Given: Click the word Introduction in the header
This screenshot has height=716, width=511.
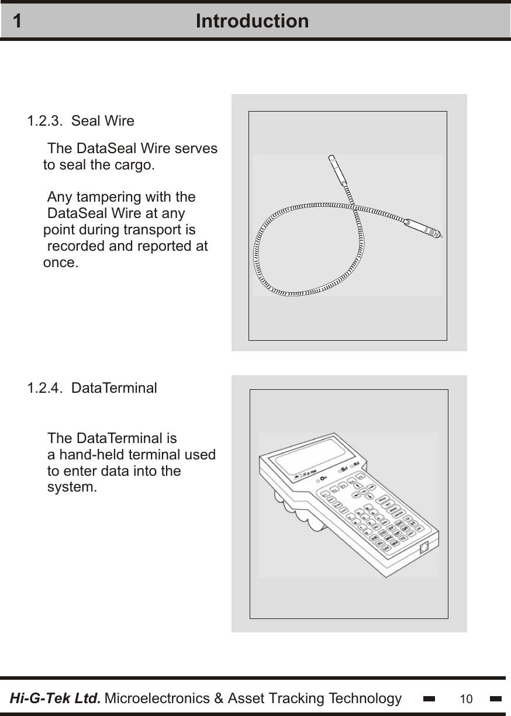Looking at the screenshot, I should (x=252, y=21).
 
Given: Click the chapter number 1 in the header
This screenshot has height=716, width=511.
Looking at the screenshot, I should (x=18, y=21).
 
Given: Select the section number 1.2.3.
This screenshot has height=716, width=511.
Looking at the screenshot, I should (x=46, y=121).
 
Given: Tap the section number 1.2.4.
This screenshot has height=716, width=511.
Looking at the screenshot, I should (x=46, y=388).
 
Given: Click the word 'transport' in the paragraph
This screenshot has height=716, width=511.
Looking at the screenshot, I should (x=149, y=230).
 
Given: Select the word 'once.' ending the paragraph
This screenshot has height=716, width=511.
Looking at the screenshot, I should (x=61, y=262).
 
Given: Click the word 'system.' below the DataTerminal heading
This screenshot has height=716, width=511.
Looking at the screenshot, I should (x=72, y=487).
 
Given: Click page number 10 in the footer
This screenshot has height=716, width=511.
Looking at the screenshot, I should (x=466, y=699).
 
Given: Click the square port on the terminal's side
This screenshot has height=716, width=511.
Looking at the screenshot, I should (x=424, y=548).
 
